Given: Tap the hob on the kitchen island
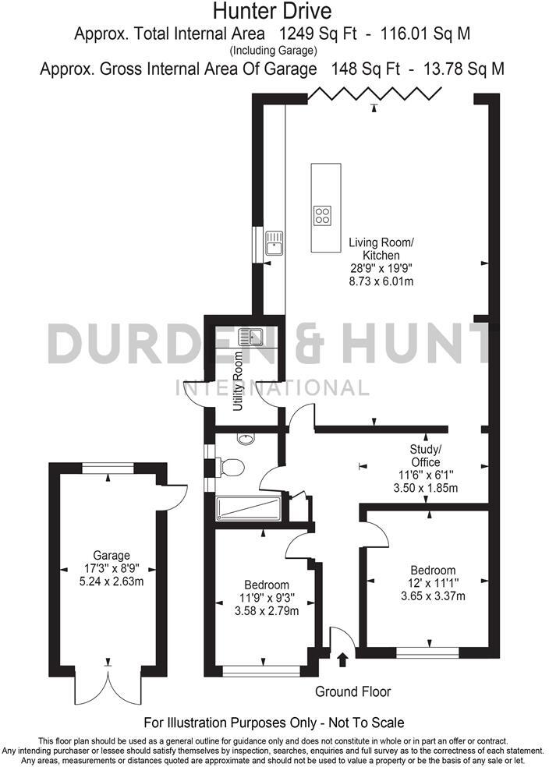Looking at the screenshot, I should (322, 214).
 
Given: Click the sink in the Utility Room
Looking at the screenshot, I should (252, 337).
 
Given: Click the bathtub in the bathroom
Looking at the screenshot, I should (249, 509).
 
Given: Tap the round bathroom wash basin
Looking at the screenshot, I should (246, 439).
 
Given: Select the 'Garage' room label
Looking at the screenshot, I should (108, 556).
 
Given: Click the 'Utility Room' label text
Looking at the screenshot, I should (239, 382).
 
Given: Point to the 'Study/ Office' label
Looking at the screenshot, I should (426, 454).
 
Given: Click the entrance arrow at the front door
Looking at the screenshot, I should (342, 660).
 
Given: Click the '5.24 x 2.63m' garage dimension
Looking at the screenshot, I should (108, 581).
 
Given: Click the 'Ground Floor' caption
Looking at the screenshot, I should (352, 691).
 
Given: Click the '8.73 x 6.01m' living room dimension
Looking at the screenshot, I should (381, 281).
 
